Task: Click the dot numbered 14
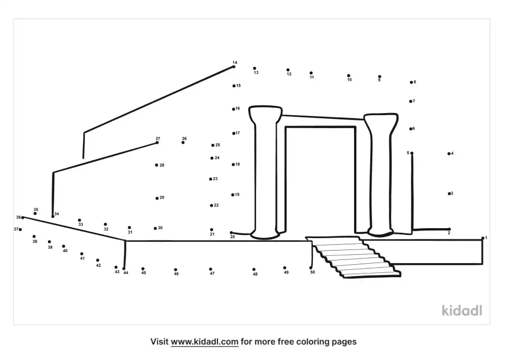(234, 67)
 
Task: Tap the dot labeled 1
(483, 238)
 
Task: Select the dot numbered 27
(157, 142)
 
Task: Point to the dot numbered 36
(22, 217)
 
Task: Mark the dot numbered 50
(311, 268)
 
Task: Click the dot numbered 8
(411, 82)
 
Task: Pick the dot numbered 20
(232, 233)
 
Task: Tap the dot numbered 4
(448, 154)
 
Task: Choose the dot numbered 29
(157, 198)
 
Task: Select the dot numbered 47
(211, 269)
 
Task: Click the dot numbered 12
(288, 70)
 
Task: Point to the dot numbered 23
(211, 179)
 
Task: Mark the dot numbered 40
(64, 246)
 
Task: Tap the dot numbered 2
(449, 229)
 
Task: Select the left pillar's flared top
(265, 114)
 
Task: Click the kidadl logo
(461, 311)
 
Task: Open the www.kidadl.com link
(204, 342)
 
